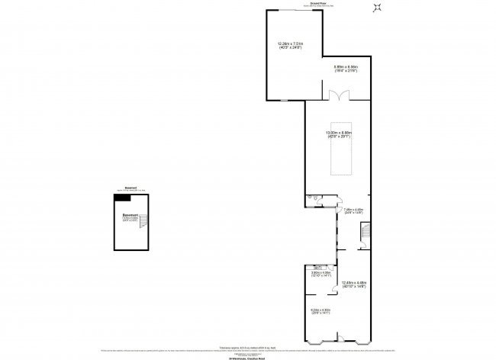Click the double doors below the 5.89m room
tap(338, 96)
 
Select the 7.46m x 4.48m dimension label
tap(353, 211)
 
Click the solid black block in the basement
tap(121, 198)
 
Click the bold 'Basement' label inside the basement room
tap(130, 215)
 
